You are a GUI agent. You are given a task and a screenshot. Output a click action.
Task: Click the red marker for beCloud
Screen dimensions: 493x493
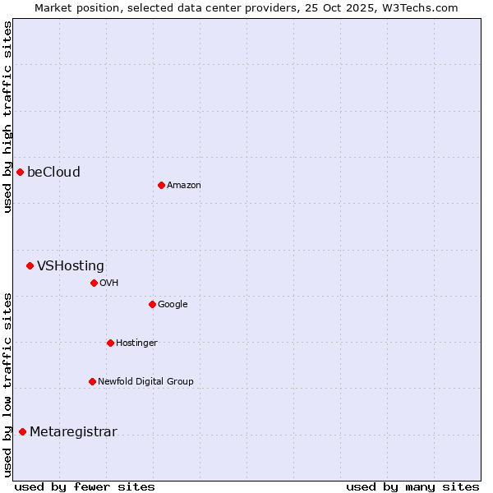(x=20, y=172)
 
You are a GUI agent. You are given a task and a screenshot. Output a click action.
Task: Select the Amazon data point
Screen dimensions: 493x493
(x=161, y=185)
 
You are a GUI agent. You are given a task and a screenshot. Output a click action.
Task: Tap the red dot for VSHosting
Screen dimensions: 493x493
(x=30, y=265)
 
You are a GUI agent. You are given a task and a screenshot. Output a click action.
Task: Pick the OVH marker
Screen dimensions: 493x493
(x=94, y=283)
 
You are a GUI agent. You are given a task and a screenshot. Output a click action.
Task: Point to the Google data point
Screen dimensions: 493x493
(x=152, y=304)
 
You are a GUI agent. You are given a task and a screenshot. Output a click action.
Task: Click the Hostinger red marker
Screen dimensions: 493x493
(x=110, y=343)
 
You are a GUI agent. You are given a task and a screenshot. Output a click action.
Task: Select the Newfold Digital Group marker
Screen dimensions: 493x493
(x=92, y=381)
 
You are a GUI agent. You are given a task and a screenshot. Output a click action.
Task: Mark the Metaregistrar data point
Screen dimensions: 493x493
(x=22, y=432)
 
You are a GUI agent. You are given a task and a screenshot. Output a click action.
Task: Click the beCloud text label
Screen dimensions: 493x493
(x=53, y=172)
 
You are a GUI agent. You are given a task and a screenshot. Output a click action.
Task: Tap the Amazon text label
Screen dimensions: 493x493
(x=183, y=185)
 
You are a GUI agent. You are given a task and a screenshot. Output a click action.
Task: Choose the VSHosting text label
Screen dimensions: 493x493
(x=71, y=265)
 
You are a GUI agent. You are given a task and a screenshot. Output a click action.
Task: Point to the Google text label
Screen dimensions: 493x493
(x=173, y=304)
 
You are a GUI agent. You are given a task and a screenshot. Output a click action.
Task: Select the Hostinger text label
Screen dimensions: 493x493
(x=136, y=343)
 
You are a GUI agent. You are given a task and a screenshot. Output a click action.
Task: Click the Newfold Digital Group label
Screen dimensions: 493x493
(x=145, y=381)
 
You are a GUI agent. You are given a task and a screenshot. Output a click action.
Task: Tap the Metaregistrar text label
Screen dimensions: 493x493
(x=73, y=432)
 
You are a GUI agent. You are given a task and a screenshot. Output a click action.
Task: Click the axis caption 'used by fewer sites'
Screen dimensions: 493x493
(x=85, y=486)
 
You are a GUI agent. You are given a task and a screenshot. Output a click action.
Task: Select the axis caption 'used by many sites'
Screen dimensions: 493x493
(x=412, y=486)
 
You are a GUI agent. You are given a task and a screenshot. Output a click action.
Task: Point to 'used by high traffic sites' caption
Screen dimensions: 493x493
(x=7, y=117)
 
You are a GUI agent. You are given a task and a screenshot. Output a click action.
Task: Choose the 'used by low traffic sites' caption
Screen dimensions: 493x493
(x=7, y=384)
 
